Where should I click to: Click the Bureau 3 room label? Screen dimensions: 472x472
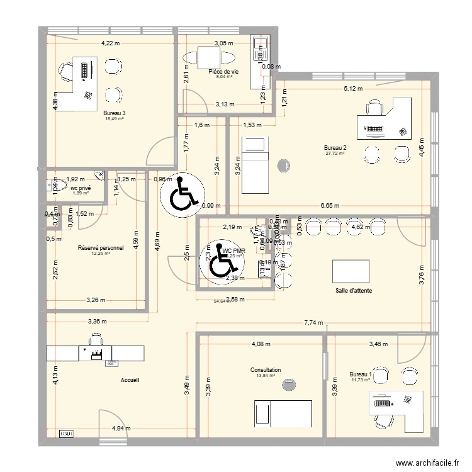coord(111,113)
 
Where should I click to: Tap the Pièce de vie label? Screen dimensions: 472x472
coord(223,72)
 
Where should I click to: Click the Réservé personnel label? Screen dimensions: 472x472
coord(101,248)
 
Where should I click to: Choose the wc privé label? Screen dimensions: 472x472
coord(80,188)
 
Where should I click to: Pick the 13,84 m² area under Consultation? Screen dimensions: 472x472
coord(265,376)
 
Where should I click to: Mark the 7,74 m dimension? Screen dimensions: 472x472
coord(313,322)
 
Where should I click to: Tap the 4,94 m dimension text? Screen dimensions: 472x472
coord(121,429)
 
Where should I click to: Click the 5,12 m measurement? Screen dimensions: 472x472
coord(353,89)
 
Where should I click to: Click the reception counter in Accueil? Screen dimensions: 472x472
coord(94,352)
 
